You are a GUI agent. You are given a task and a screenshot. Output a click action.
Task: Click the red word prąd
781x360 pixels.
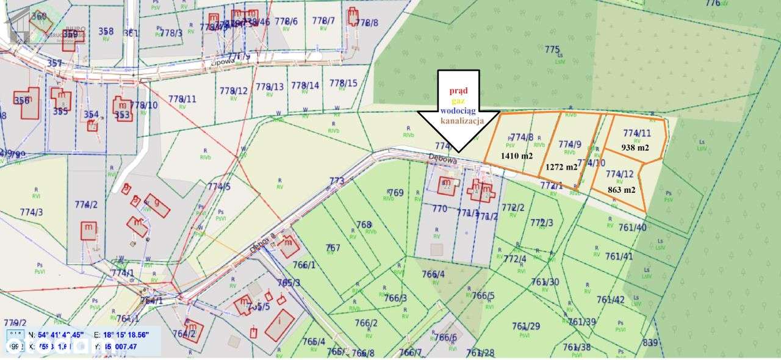click(x=458, y=91)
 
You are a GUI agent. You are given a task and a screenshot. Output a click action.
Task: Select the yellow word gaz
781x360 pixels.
click(x=459, y=101)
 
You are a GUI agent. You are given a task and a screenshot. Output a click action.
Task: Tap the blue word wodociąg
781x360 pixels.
click(x=459, y=111)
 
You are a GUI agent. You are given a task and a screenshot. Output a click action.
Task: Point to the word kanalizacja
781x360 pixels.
click(x=459, y=121)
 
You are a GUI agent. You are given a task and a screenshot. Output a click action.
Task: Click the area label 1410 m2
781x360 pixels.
click(x=517, y=156)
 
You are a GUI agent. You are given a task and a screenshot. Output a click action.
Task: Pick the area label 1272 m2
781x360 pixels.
click(x=561, y=167)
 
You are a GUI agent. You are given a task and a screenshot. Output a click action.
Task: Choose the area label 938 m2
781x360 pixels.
click(x=635, y=147)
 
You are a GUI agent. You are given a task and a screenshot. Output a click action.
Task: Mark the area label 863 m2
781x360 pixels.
click(x=622, y=190)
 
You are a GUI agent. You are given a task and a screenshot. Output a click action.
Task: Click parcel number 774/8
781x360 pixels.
click(x=522, y=137)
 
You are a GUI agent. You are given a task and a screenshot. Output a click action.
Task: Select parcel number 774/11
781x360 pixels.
click(x=637, y=132)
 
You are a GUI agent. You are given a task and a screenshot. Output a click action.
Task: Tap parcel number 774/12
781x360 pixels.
click(x=620, y=174)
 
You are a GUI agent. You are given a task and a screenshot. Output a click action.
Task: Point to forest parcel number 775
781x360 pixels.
click(x=552, y=49)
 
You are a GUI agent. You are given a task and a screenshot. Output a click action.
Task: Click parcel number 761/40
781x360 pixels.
click(x=632, y=228)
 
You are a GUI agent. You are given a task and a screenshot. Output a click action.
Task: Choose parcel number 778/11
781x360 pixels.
click(x=182, y=99)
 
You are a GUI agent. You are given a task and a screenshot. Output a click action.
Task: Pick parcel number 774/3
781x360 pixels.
click(x=32, y=212)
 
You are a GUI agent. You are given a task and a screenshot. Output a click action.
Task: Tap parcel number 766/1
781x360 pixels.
click(x=304, y=265)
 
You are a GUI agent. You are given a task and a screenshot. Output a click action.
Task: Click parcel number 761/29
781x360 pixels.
click(x=526, y=326)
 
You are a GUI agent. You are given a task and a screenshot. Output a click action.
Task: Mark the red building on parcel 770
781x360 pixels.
click(x=447, y=185)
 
